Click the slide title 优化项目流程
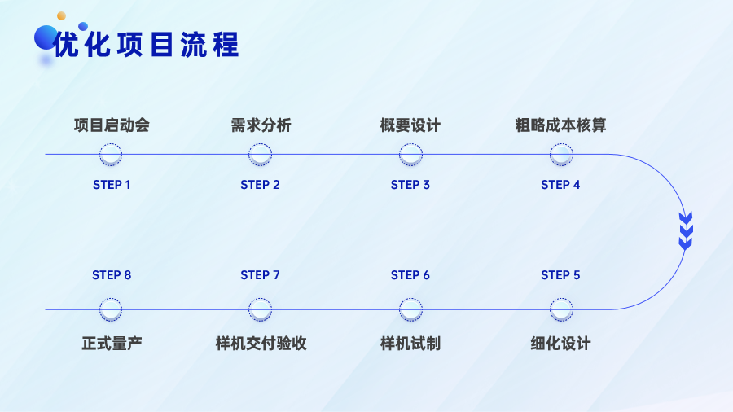147,45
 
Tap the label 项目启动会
112,125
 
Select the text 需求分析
261,125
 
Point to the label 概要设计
410,125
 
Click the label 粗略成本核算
560,125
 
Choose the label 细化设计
560,344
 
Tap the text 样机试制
410,344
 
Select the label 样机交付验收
261,344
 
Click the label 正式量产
112,344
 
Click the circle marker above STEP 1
111,155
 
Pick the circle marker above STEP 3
410,155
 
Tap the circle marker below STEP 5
561,309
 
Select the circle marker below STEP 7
260,309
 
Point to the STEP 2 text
260,185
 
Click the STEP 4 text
560,185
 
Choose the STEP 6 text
410,275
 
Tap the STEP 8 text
112,275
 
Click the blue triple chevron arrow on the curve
686,230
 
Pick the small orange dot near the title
61,16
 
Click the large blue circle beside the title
46,37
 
